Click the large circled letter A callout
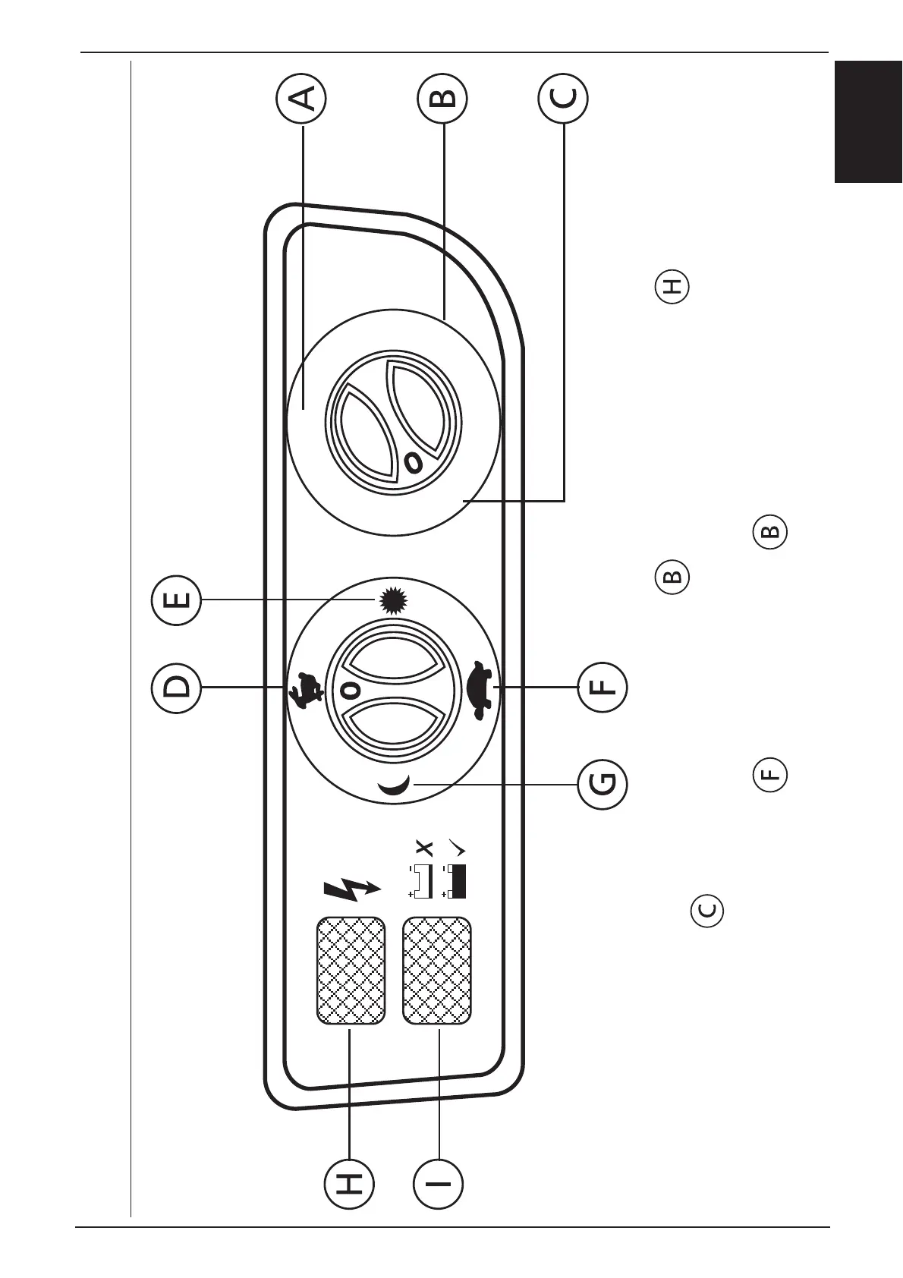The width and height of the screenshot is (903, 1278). tap(302, 99)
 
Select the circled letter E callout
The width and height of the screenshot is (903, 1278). tap(176, 601)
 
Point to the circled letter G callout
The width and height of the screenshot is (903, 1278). tap(603, 784)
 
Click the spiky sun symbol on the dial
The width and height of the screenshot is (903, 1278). tap(392, 601)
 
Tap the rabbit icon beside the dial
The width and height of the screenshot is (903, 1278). tap(305, 690)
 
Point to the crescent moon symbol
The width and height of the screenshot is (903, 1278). tap(397, 788)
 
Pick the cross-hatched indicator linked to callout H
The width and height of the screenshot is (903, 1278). tap(350, 971)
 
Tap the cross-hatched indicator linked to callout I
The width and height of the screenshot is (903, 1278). tap(437, 971)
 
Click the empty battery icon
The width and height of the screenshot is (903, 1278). tap(422, 881)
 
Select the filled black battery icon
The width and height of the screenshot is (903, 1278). tap(455, 881)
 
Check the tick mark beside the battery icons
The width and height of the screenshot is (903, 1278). tap(456, 846)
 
